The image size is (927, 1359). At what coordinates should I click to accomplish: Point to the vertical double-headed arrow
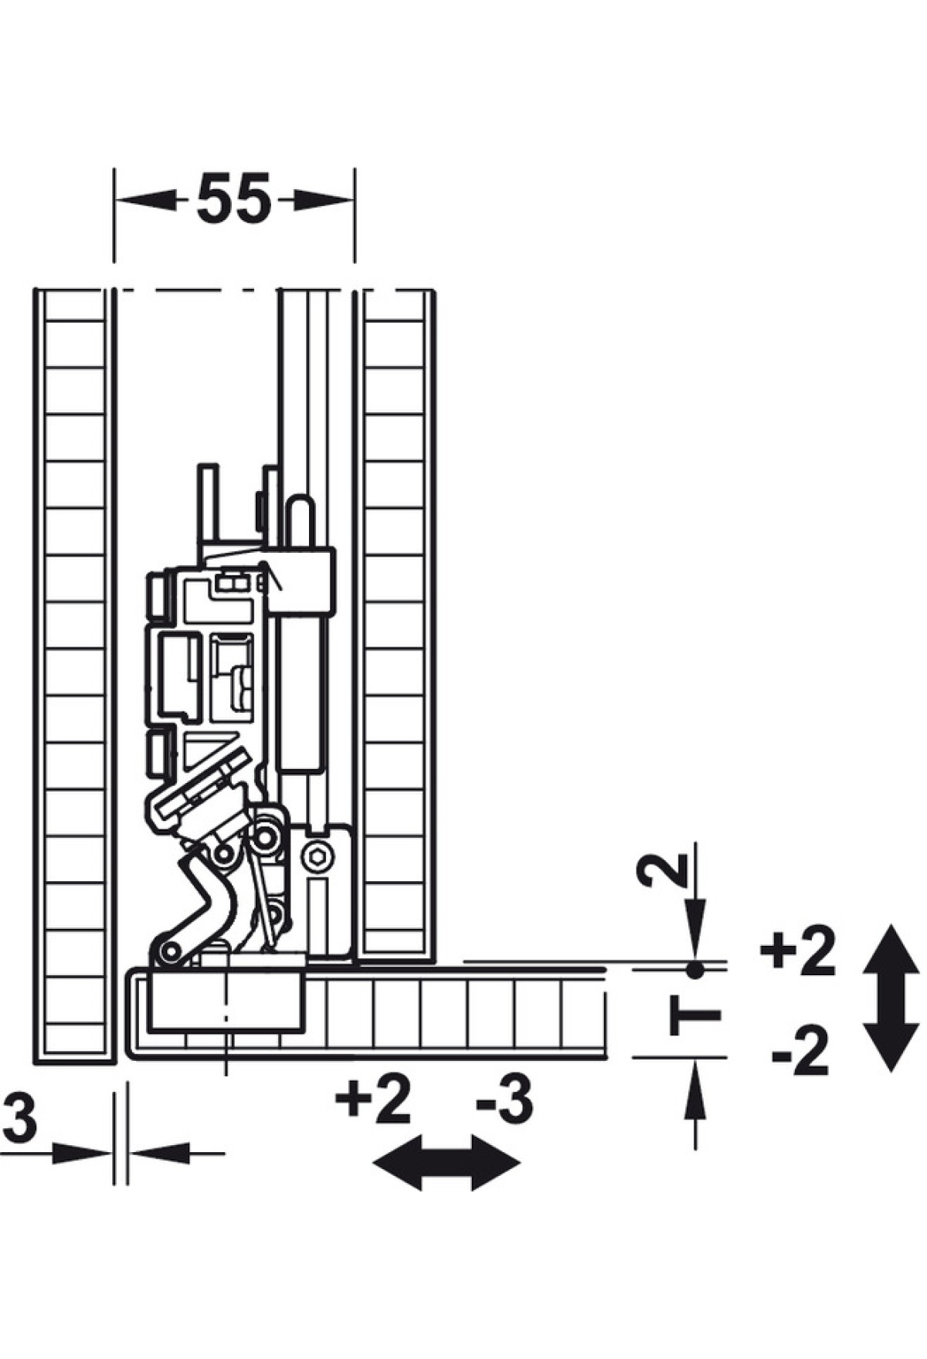point(891,998)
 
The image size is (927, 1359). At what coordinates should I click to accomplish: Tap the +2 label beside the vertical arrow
point(797,951)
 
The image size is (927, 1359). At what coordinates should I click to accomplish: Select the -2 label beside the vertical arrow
point(800,1052)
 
